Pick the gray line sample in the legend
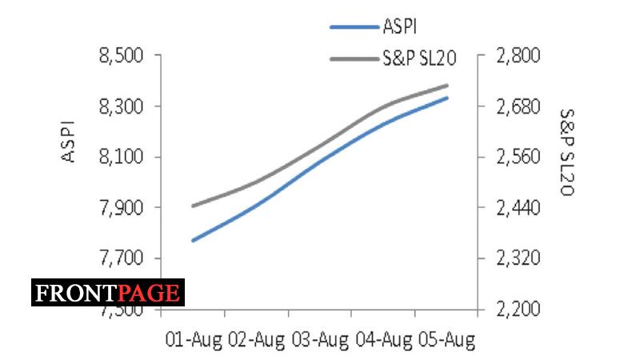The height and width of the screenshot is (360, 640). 354,58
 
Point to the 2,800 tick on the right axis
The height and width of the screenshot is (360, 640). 519,56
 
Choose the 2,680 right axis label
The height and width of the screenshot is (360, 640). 519,106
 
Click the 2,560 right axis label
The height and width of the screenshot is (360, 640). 519,158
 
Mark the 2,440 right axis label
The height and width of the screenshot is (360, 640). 519,208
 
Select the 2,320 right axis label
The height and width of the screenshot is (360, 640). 519,259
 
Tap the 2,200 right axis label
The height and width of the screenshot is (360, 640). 519,310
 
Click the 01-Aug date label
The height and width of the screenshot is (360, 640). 193,340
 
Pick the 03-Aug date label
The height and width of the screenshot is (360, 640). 319,340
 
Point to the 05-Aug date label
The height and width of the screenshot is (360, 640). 446,340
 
